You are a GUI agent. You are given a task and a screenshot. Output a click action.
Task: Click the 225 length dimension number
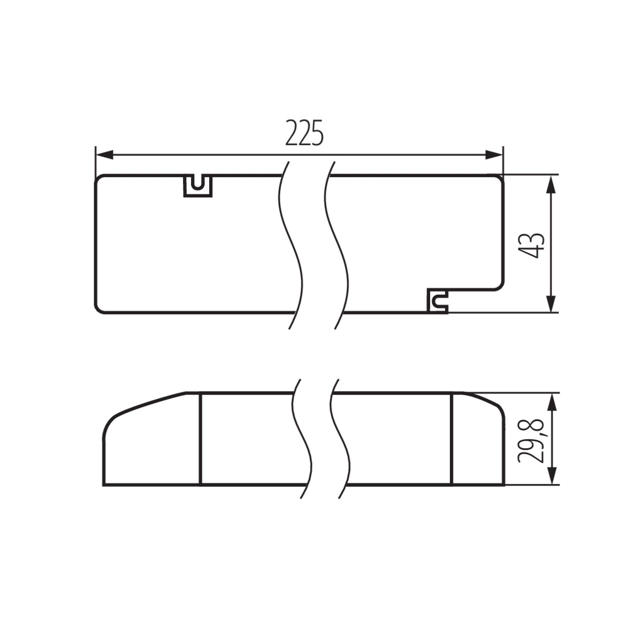pyautogui.click(x=304, y=133)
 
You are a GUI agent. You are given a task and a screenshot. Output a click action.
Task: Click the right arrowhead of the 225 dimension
pyautogui.click(x=494, y=155)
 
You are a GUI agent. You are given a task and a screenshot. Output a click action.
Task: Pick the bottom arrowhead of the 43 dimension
pyautogui.click(x=552, y=303)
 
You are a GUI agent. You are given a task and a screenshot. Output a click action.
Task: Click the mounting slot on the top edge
pyautogui.click(x=198, y=186)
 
